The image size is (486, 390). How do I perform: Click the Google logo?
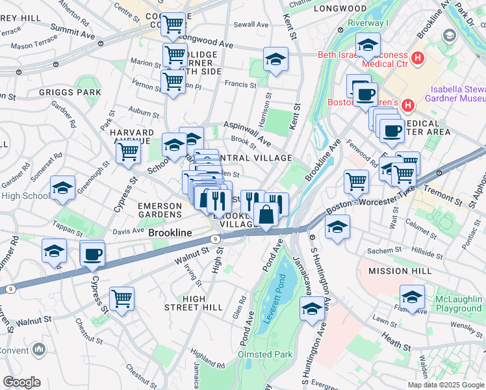[21, 382]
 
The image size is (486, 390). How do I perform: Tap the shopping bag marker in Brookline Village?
[266, 214]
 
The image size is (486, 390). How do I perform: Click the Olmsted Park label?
[261, 354]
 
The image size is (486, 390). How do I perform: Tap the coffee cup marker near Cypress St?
[92, 253]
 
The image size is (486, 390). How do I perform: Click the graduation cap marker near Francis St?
[275, 60]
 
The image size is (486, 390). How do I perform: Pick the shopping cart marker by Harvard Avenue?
[129, 152]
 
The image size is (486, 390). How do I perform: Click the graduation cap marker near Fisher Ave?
[412, 297]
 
